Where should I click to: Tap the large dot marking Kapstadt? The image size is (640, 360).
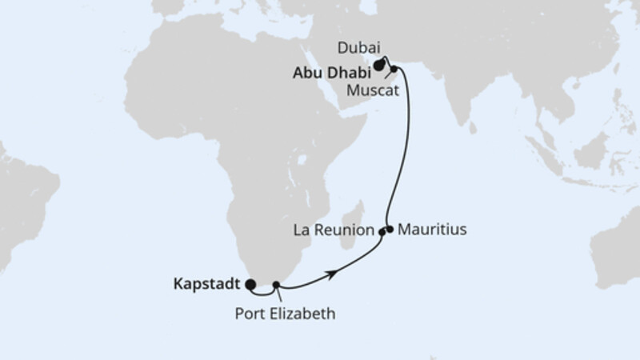250,283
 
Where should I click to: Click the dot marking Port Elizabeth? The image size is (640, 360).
276,284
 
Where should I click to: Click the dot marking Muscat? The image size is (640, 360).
394,70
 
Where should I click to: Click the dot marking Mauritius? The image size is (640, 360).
390,229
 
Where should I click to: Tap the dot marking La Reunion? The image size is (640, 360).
382,232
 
